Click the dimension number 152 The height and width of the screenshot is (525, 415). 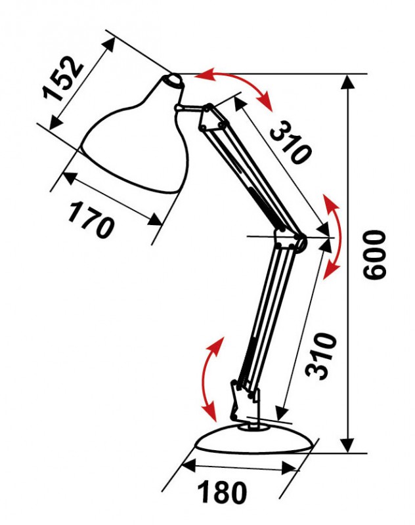point(62,78)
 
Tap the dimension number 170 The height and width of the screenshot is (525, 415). point(91,219)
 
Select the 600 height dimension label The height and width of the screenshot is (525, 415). point(375,254)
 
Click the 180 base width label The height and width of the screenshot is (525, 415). point(222,492)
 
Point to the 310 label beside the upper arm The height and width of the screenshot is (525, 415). point(290,142)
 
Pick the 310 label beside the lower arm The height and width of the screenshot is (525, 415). point(322,356)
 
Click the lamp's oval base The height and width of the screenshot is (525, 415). point(255,438)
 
